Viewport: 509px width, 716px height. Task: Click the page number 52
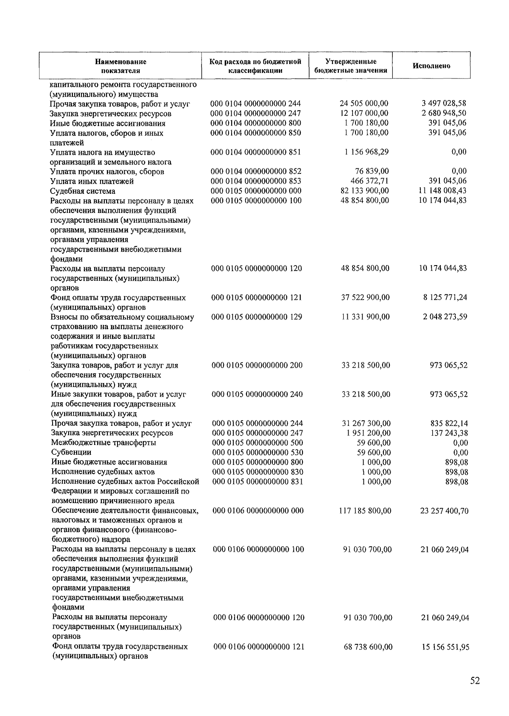point(475,680)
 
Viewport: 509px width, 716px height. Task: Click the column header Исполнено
point(431,66)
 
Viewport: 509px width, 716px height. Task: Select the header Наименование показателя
point(120,66)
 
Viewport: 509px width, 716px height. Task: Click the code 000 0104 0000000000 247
point(256,113)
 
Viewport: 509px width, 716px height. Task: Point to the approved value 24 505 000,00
point(364,103)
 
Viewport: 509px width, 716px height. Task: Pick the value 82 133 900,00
point(364,191)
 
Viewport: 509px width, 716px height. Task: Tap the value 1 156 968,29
point(366,152)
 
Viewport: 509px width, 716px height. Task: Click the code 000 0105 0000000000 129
point(257,317)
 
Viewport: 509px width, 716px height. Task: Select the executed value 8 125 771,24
point(445,297)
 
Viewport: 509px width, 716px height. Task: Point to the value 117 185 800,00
point(365,511)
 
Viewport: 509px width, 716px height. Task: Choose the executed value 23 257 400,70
point(444,511)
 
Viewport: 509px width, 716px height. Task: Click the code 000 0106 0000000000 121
point(259,647)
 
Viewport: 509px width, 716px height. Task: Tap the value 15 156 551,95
point(445,647)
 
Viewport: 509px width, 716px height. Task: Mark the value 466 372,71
point(370,181)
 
